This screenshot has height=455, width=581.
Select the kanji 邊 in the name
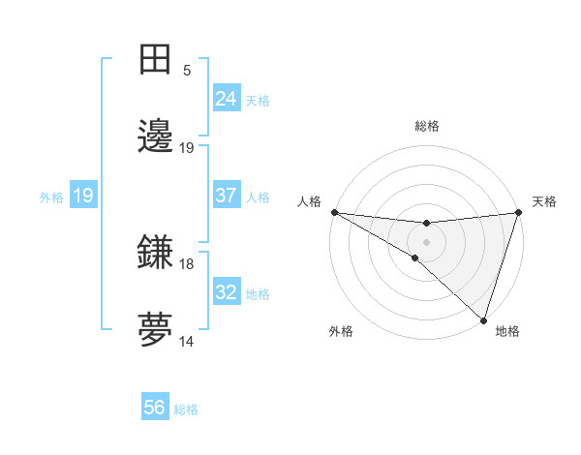(x=156, y=136)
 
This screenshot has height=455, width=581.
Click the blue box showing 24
(x=227, y=98)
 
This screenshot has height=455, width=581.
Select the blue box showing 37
(x=227, y=196)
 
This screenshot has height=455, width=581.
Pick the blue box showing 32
(x=227, y=292)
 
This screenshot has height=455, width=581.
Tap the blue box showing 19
(x=83, y=196)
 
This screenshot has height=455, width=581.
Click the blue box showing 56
(x=155, y=408)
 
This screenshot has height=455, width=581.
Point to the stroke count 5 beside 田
(x=187, y=71)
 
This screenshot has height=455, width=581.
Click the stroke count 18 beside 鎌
(x=187, y=263)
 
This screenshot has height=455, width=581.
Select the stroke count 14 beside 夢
(x=187, y=342)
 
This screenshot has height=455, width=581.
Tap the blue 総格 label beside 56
(x=187, y=409)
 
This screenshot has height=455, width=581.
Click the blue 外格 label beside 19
(x=51, y=197)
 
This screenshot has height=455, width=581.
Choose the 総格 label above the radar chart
(x=426, y=126)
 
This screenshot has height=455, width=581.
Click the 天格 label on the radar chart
(x=544, y=201)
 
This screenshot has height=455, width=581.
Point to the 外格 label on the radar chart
(x=341, y=331)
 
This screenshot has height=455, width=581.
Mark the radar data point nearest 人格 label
(x=334, y=211)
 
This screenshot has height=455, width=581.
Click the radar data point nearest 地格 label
(x=484, y=320)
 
